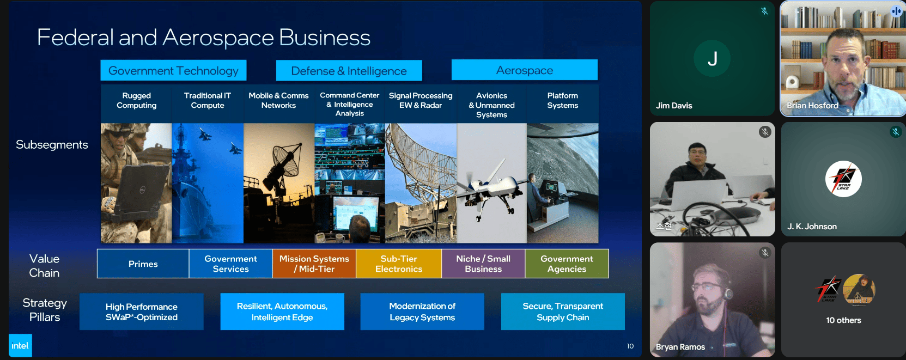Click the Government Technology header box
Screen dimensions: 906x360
point(173,70)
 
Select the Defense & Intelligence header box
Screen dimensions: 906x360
point(349,71)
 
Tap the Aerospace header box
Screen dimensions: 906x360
point(524,70)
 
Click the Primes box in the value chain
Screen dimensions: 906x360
point(143,264)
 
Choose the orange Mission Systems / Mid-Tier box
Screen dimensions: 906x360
point(314,264)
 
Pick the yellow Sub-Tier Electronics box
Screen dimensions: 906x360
point(398,264)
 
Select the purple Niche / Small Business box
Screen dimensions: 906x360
point(483,264)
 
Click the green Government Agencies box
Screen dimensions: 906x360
point(567,264)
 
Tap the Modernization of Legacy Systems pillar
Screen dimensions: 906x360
point(422,312)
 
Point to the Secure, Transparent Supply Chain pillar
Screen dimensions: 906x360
point(563,312)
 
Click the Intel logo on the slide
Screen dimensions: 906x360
point(20,345)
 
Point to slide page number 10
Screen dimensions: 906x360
point(630,346)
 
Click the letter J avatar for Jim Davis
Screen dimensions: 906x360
point(712,59)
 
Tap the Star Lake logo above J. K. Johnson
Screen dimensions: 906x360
point(843,179)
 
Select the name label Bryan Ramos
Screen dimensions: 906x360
point(680,346)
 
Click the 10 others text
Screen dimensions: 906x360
point(843,320)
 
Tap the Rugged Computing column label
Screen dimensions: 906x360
point(136,100)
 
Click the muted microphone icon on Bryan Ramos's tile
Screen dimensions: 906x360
point(764,253)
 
